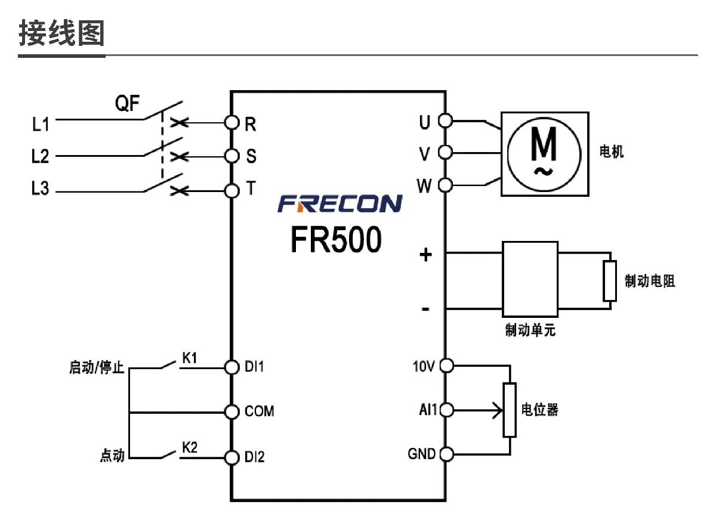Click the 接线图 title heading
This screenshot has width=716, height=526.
tap(61, 32)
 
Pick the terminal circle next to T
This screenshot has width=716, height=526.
tap(232, 190)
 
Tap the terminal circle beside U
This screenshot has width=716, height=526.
tap(446, 121)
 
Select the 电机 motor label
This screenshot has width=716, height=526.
tap(612, 151)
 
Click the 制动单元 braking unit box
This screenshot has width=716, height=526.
tap(530, 279)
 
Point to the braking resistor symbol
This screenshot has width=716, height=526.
tap(609, 280)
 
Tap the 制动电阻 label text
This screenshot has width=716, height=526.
tap(650, 281)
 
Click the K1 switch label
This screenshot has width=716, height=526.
tap(190, 358)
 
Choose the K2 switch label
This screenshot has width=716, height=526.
tap(190, 448)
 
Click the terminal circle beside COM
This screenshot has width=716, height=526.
tap(232, 411)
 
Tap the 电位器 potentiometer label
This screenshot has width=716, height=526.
tap(540, 410)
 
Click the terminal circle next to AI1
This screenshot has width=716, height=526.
tap(446, 410)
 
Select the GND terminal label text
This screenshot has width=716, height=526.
tap(421, 454)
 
